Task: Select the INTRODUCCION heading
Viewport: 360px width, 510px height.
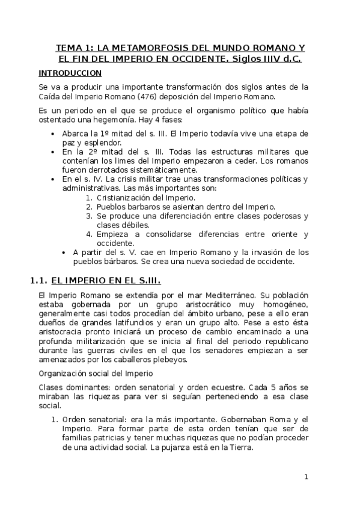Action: point(70,73)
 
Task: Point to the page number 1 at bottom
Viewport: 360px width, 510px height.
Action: point(306,477)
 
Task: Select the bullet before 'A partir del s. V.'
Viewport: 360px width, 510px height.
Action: point(64,253)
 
